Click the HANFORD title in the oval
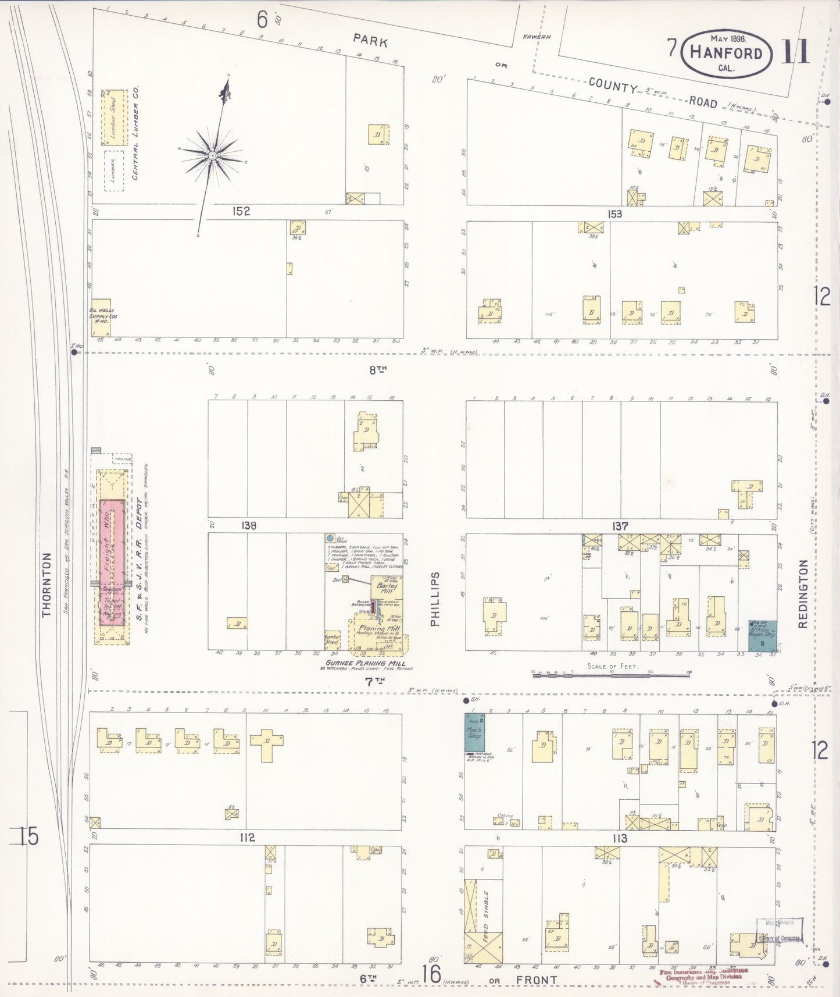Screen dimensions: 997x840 (x=726, y=53)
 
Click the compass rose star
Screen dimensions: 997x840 (x=213, y=156)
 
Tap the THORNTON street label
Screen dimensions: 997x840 (x=47, y=584)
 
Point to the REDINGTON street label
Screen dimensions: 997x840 (x=803, y=593)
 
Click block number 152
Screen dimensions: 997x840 (x=241, y=211)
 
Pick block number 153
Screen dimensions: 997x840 (x=614, y=213)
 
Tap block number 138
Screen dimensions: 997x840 (x=248, y=525)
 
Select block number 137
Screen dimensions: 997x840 (x=620, y=526)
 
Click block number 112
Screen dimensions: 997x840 (x=247, y=838)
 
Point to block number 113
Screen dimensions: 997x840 (x=620, y=838)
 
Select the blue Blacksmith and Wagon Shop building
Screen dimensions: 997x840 (x=762, y=634)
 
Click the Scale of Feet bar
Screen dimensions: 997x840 (x=610, y=674)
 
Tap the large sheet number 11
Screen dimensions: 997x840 (x=795, y=52)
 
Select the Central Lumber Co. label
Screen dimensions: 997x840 (x=135, y=134)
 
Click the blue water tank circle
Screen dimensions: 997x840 (x=330, y=539)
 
